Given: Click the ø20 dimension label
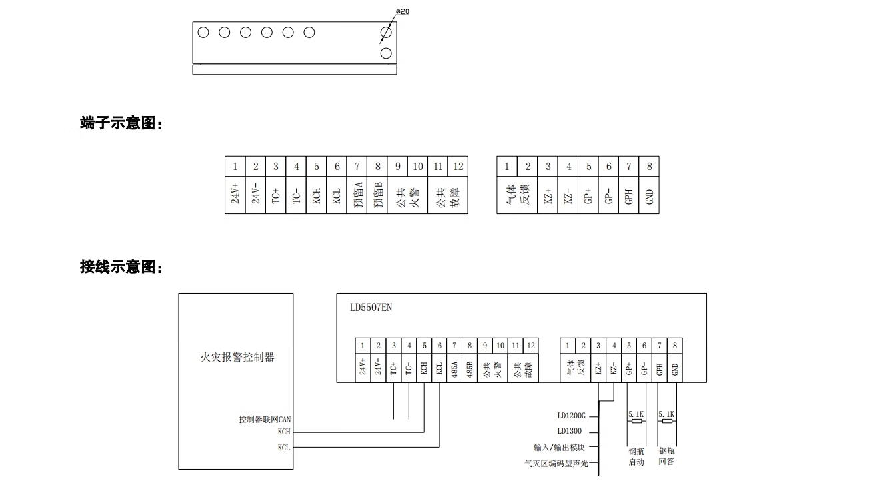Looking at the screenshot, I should click(x=403, y=11).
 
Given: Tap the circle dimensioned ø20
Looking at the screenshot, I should click(x=386, y=32).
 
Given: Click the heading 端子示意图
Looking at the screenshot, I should click(x=121, y=123).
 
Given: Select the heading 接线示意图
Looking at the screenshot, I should click(x=121, y=267).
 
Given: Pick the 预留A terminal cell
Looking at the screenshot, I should click(x=357, y=194).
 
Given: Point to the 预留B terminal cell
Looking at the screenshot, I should click(x=378, y=194).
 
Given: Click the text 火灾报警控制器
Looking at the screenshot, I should click(x=237, y=357).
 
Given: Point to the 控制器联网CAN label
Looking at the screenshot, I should click(x=265, y=420).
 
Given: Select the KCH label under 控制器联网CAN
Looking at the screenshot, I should click(x=284, y=432).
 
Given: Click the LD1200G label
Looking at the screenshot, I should click(x=571, y=415).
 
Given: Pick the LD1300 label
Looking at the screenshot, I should click(x=570, y=431).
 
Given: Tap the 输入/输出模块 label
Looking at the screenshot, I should click(x=559, y=447).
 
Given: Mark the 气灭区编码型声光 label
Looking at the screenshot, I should click(x=556, y=463).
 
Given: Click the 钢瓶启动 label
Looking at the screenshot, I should click(x=636, y=456).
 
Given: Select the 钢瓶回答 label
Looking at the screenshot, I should click(x=666, y=456).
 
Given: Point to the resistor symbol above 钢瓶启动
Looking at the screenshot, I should click(x=636, y=421).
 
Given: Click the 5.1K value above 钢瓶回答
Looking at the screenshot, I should click(x=666, y=414).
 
